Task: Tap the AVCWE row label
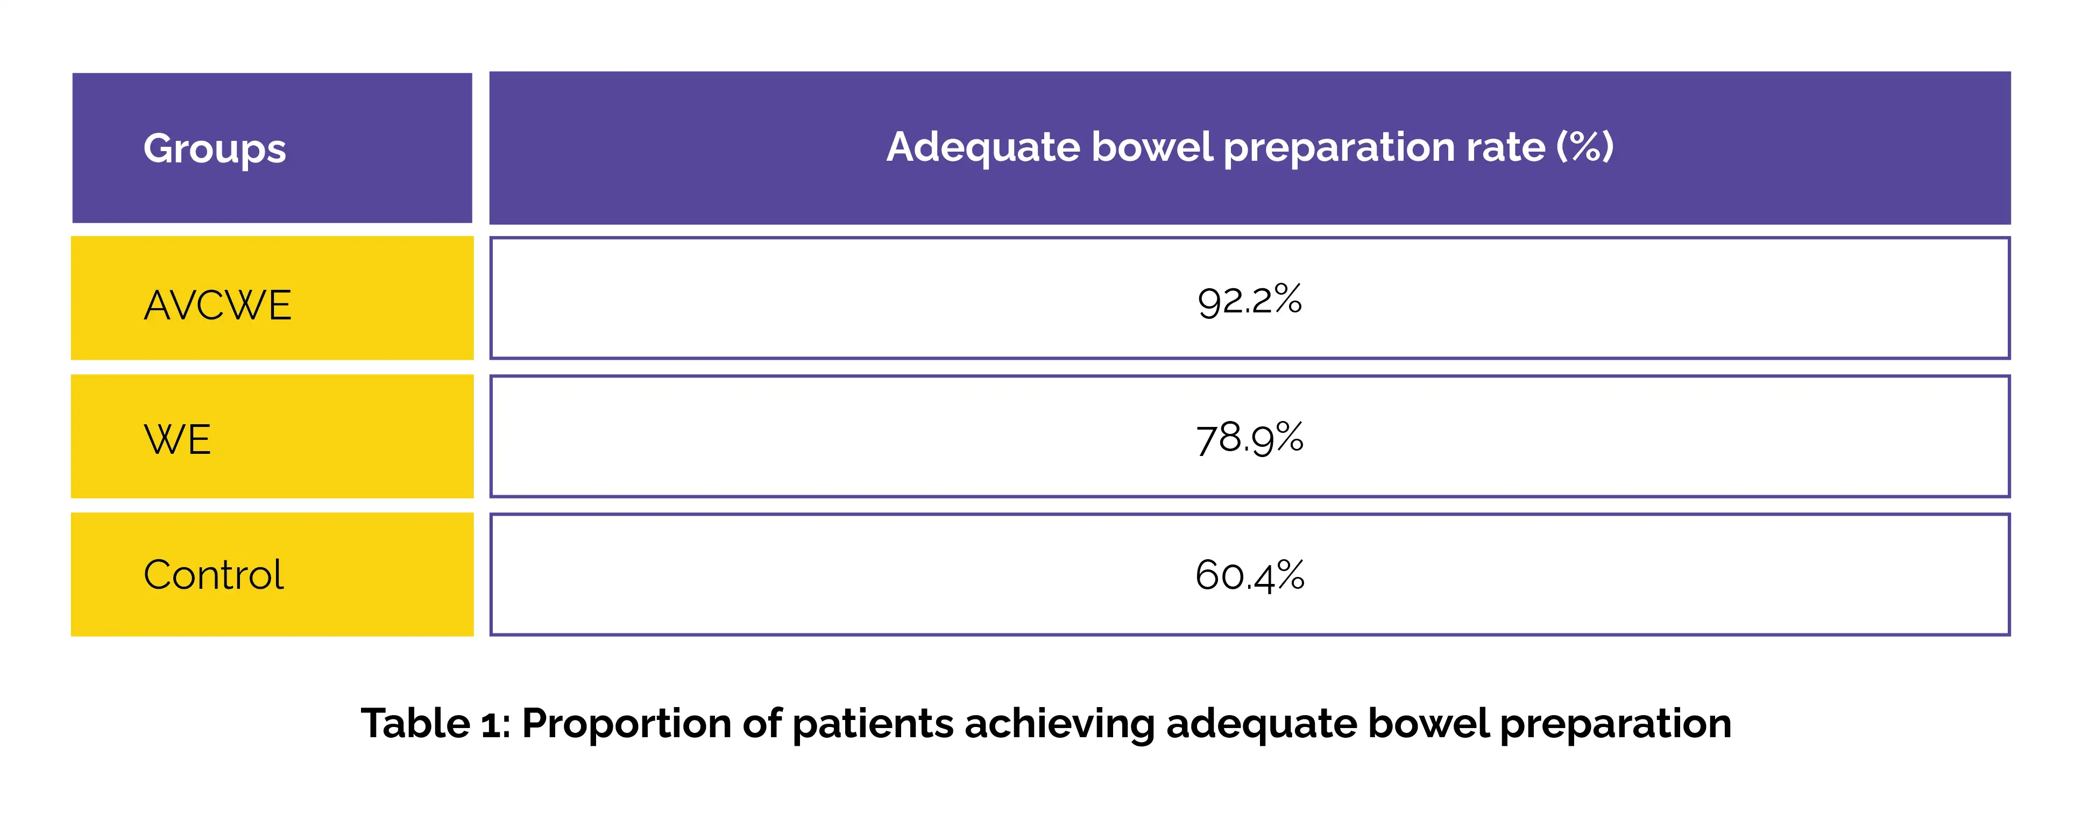(x=217, y=305)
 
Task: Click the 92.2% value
(x=1250, y=300)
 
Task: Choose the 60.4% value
(x=1250, y=576)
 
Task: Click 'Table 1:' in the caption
(x=436, y=723)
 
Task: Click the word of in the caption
(x=761, y=723)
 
